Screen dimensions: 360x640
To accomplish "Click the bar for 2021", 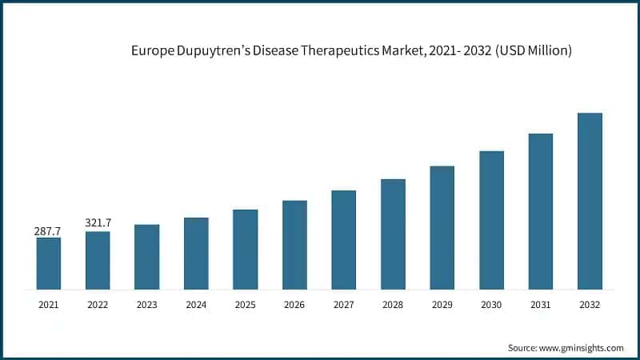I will point(48,263).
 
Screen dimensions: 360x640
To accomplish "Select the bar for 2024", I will point(196,253).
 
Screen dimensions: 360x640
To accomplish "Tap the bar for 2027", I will point(344,239).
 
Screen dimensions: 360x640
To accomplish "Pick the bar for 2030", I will point(491,220).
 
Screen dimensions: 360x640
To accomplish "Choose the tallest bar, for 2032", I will point(590,201).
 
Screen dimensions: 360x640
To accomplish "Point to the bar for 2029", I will point(442,227).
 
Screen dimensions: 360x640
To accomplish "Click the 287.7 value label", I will point(47,231).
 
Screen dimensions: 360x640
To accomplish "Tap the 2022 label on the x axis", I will point(98,305).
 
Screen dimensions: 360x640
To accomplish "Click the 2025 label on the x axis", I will point(245,305).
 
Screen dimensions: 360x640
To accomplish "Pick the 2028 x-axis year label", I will point(393,305).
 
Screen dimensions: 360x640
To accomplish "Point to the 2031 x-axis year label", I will point(541,305).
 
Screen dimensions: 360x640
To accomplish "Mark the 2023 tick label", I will point(146,305).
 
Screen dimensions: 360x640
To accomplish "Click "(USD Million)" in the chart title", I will point(532,50).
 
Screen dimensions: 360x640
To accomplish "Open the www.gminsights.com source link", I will point(582,348).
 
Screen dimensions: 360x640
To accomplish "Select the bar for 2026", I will point(294,244).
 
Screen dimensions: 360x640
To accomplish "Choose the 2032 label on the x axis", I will point(590,305).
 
